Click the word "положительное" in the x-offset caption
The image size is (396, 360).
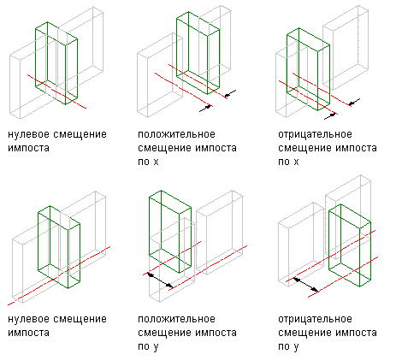click(x=176, y=134)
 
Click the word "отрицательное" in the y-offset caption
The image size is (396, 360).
click(x=315, y=319)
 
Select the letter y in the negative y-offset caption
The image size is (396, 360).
click(x=296, y=348)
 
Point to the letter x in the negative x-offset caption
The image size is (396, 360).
click(x=296, y=162)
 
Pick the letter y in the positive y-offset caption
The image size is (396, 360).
click(x=156, y=348)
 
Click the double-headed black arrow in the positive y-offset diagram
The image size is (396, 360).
click(x=160, y=280)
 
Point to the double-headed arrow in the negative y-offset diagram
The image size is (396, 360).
click(x=306, y=285)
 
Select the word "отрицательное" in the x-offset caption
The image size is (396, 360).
click(x=315, y=134)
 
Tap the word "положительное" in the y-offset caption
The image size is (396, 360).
click(x=176, y=319)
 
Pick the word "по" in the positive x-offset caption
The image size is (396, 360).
click(x=144, y=162)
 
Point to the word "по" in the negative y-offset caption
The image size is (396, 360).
click(x=284, y=347)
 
